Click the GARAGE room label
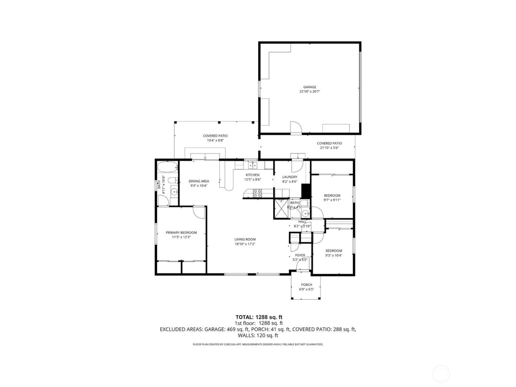point(310,87)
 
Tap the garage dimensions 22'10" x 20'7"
point(310,92)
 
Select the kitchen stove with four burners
point(257,192)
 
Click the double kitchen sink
point(252,164)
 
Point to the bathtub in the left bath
point(166,168)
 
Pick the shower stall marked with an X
point(282,209)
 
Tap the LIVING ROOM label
point(245,239)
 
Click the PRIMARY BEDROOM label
point(181,233)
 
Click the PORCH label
point(306,285)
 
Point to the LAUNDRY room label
point(290,177)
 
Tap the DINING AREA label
point(199,181)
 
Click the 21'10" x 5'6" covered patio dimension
point(329,148)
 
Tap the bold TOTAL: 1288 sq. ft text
point(259,317)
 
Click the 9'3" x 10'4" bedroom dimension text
point(333,255)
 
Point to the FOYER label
point(300,255)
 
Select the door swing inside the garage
point(296,127)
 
